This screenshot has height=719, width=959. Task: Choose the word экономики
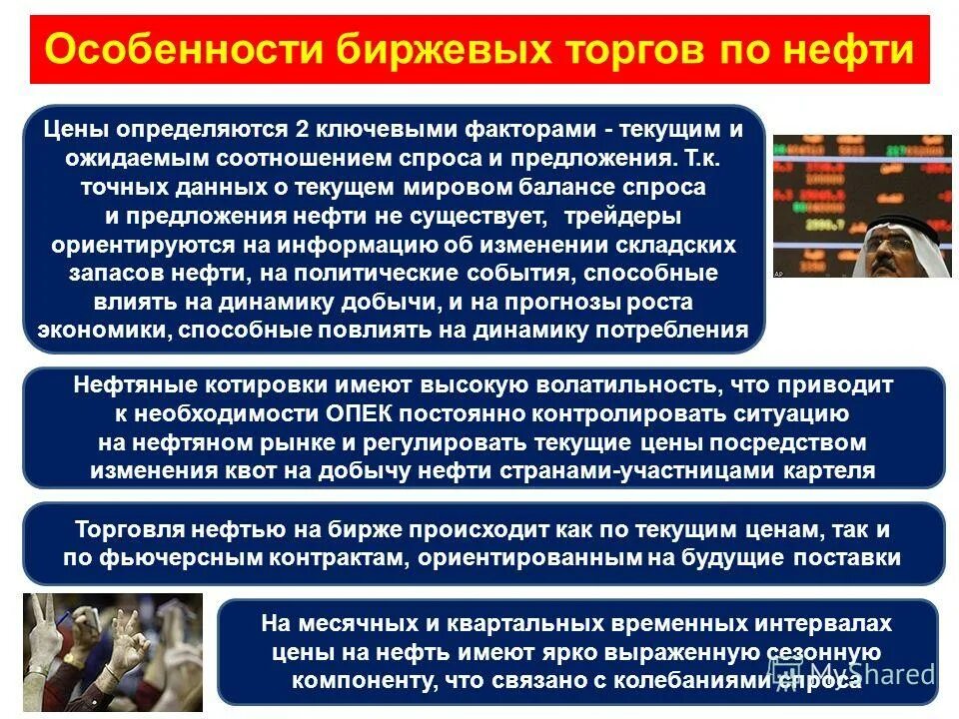99,331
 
